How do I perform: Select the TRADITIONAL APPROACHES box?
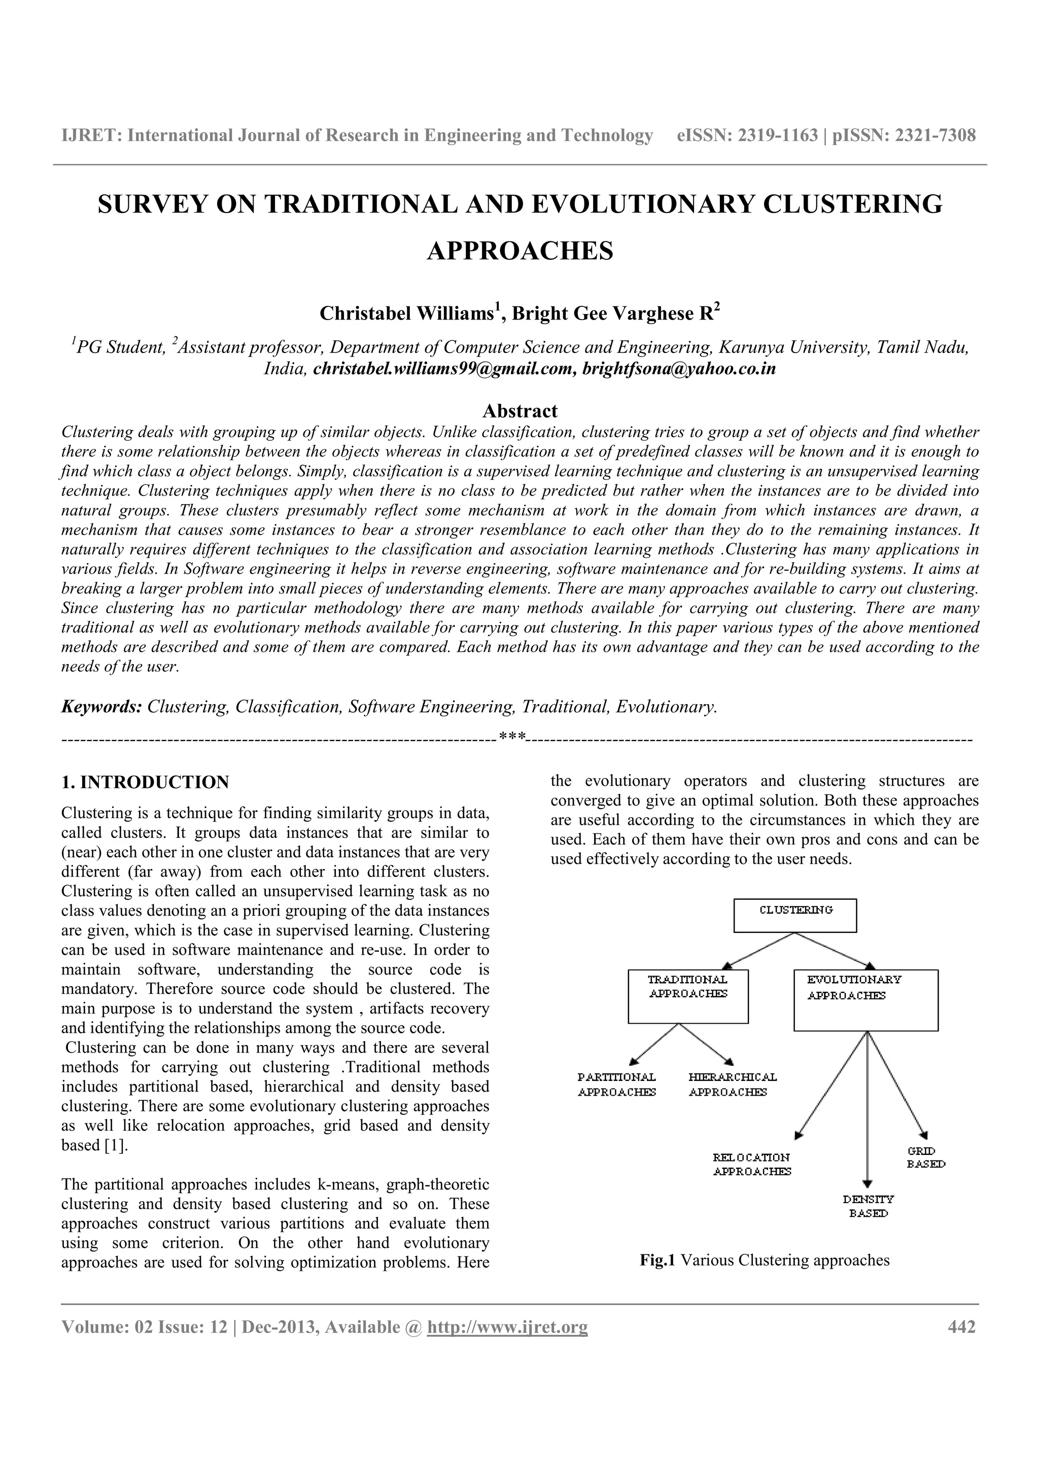click(688, 996)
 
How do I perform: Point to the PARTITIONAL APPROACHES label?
click(616, 1084)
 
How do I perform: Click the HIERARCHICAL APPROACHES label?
click(733, 1084)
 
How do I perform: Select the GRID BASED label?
click(925, 1158)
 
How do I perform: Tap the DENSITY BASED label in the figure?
click(868, 1206)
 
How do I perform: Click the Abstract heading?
click(520, 410)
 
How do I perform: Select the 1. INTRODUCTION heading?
click(145, 782)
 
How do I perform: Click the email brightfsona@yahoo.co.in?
click(679, 369)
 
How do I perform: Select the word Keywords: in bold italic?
click(101, 707)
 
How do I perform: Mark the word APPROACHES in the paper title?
click(520, 251)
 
